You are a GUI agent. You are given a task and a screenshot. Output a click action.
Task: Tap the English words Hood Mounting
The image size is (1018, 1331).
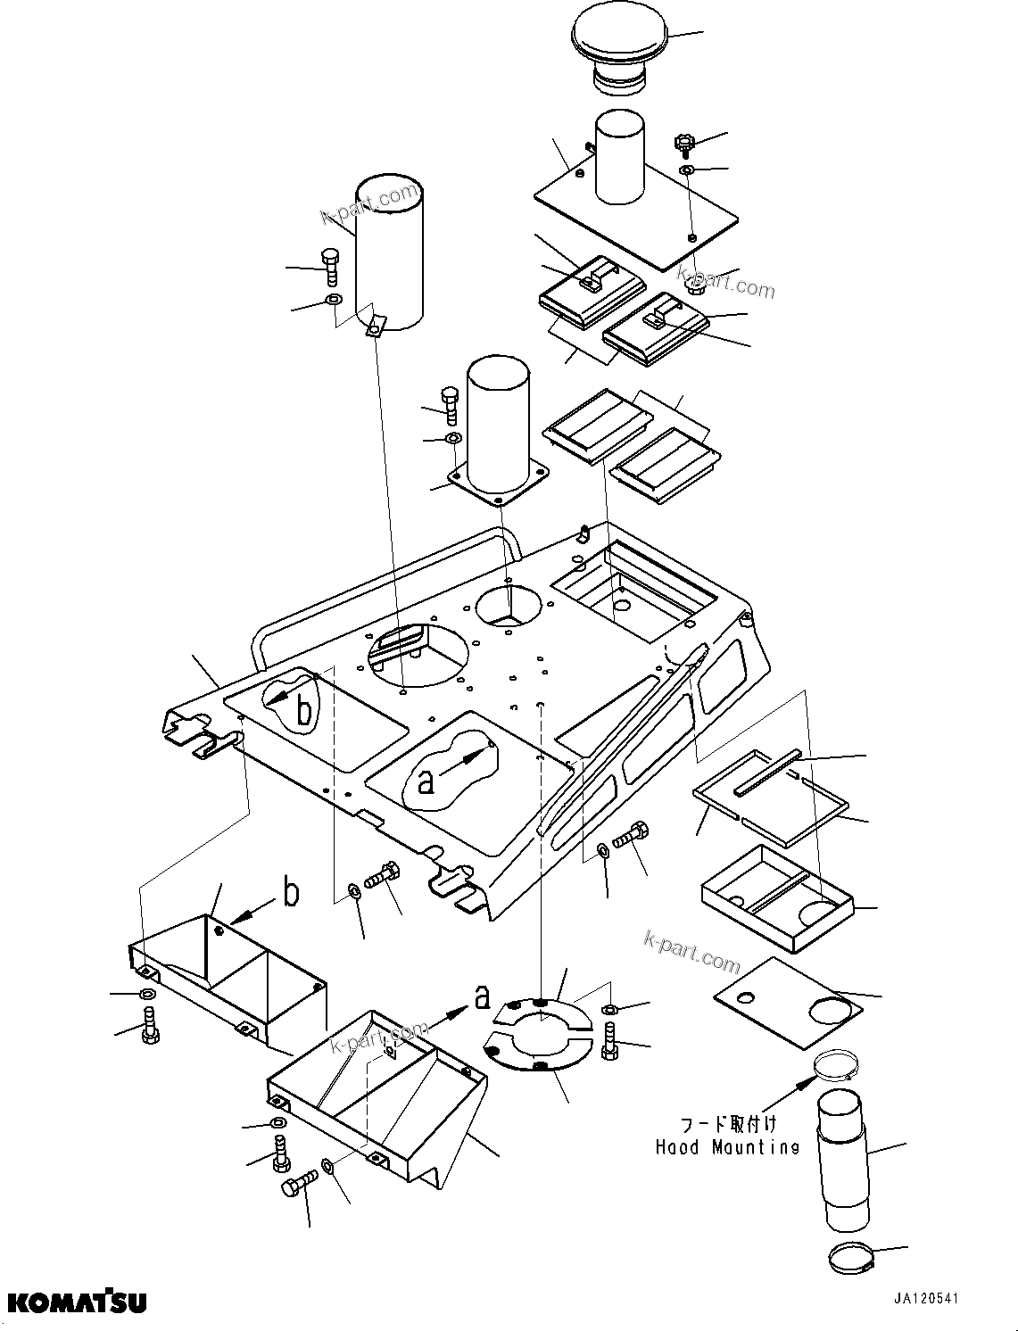click(727, 1147)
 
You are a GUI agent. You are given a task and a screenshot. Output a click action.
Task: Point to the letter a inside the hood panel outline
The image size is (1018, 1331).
click(426, 781)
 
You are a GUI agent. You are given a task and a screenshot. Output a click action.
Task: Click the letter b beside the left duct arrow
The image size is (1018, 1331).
click(290, 893)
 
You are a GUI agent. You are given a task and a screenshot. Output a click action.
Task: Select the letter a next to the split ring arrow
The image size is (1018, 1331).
click(482, 996)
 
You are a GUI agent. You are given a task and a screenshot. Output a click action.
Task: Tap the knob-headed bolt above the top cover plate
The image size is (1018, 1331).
click(684, 144)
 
